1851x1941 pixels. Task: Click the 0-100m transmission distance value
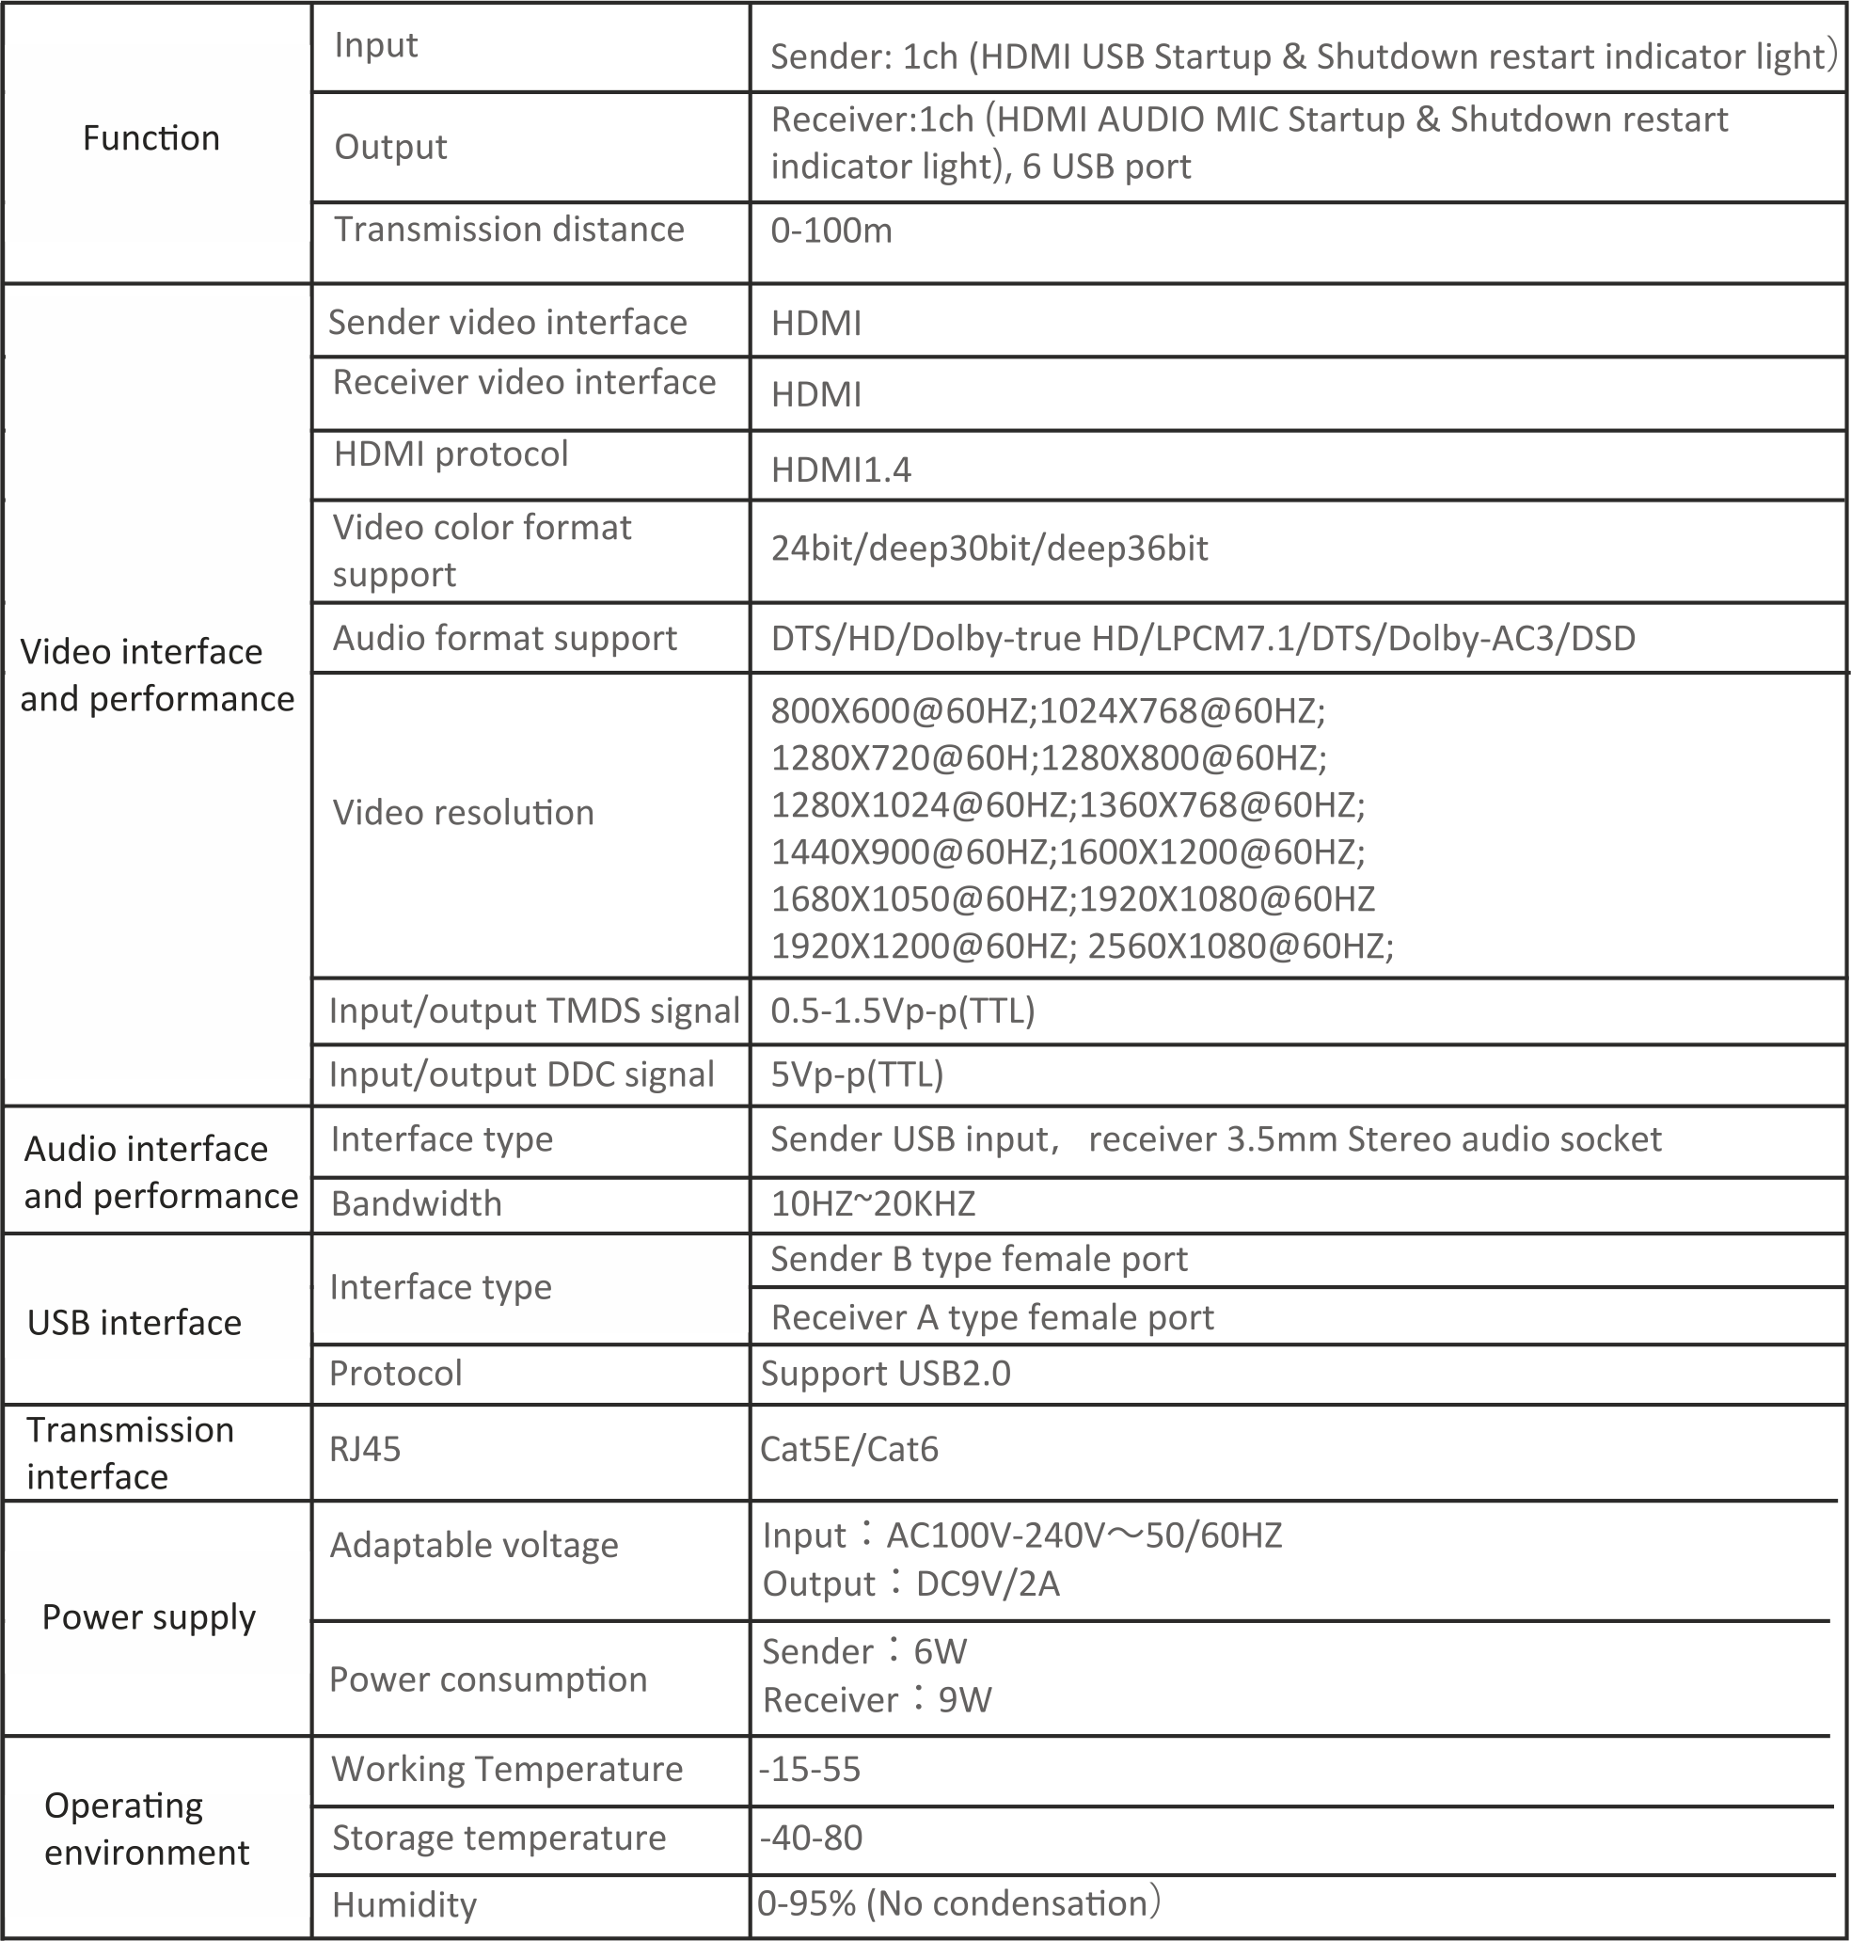click(831, 231)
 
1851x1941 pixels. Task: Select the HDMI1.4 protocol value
click(841, 470)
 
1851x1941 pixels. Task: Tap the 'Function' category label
click(151, 138)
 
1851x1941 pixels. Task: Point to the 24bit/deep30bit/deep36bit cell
click(989, 549)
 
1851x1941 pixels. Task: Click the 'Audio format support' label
click(504, 639)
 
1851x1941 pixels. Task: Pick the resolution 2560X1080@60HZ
click(1240, 947)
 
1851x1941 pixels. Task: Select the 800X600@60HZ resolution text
click(902, 710)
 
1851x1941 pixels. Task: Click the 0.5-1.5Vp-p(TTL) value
click(902, 1011)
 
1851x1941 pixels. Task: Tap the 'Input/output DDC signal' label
click(521, 1074)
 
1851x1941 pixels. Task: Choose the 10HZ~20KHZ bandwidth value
click(872, 1204)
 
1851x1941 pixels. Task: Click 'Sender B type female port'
click(978, 1259)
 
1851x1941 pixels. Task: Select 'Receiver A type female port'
click(991, 1318)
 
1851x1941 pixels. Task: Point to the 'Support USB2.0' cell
click(885, 1374)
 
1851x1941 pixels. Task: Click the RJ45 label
click(365, 1450)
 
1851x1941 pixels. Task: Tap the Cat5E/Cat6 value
click(848, 1450)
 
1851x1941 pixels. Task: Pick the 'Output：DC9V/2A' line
click(910, 1583)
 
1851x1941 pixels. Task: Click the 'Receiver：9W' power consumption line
click(877, 1699)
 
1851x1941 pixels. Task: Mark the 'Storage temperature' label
click(498, 1838)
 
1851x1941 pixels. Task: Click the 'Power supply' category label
click(149, 1617)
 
